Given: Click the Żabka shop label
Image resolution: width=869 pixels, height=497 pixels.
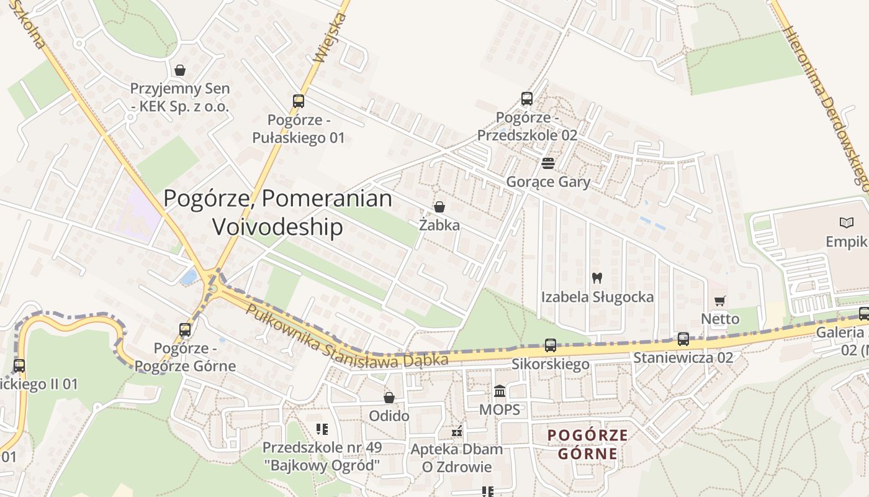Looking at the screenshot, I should (x=439, y=225).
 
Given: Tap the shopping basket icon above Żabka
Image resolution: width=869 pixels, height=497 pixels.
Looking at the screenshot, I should (x=439, y=207).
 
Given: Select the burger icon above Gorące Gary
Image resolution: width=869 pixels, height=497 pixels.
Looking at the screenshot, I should (x=547, y=163).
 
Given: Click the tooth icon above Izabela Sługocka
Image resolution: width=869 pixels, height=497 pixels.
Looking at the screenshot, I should (x=597, y=278).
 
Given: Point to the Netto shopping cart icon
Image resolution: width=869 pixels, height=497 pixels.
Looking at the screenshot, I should (x=720, y=301).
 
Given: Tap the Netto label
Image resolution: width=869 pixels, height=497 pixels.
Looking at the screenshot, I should (x=720, y=319).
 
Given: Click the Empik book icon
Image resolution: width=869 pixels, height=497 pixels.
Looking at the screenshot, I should (x=847, y=222).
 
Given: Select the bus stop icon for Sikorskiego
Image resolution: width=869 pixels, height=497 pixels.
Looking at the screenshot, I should (x=550, y=345).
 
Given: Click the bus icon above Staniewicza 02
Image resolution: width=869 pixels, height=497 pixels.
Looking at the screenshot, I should (x=683, y=339).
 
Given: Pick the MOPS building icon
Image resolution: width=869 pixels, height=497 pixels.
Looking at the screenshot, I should (x=500, y=391).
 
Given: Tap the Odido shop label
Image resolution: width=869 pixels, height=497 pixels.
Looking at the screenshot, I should (x=389, y=416).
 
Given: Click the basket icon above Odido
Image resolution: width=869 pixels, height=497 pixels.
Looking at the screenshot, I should (x=389, y=398).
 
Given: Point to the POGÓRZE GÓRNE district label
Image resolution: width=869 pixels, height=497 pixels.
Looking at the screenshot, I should (x=588, y=444).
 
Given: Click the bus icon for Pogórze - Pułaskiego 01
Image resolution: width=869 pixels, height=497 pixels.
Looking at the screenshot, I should (x=299, y=101).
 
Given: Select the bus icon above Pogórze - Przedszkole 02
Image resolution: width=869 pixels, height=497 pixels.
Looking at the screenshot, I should (x=527, y=98).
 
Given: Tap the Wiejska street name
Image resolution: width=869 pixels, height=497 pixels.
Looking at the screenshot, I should (x=330, y=37).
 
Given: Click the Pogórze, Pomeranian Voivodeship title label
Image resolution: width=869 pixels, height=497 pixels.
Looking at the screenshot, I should (x=277, y=212).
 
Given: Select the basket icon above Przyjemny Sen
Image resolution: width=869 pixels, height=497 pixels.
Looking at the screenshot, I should (x=180, y=70).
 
